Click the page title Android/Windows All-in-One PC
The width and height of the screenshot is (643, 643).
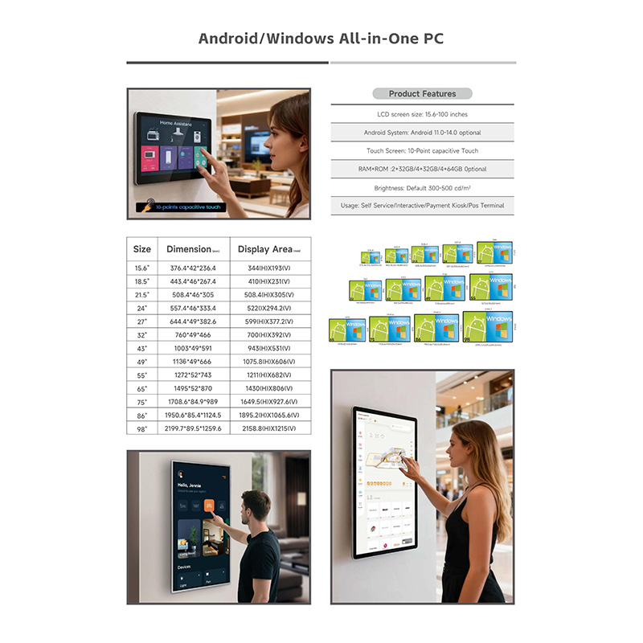coord(321,39)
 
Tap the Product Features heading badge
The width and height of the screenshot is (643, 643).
coord(422,93)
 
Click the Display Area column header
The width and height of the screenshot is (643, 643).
coord(269,249)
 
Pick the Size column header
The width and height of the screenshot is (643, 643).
coord(141,249)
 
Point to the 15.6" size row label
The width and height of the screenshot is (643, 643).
coord(141,268)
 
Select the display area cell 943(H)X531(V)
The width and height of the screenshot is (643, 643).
coord(269,348)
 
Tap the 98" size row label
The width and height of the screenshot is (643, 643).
coord(141,428)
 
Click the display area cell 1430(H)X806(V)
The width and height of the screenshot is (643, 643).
coord(269,388)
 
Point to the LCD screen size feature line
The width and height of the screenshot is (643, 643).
coord(422,114)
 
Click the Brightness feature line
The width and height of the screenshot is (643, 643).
coord(422,187)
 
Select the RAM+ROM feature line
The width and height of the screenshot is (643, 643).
coord(422,169)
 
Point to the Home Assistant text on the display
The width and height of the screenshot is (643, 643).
coord(177,123)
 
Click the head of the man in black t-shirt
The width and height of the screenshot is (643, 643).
coord(256,506)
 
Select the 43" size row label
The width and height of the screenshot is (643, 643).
coord(141,348)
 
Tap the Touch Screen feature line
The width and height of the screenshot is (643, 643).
coord(422,150)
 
